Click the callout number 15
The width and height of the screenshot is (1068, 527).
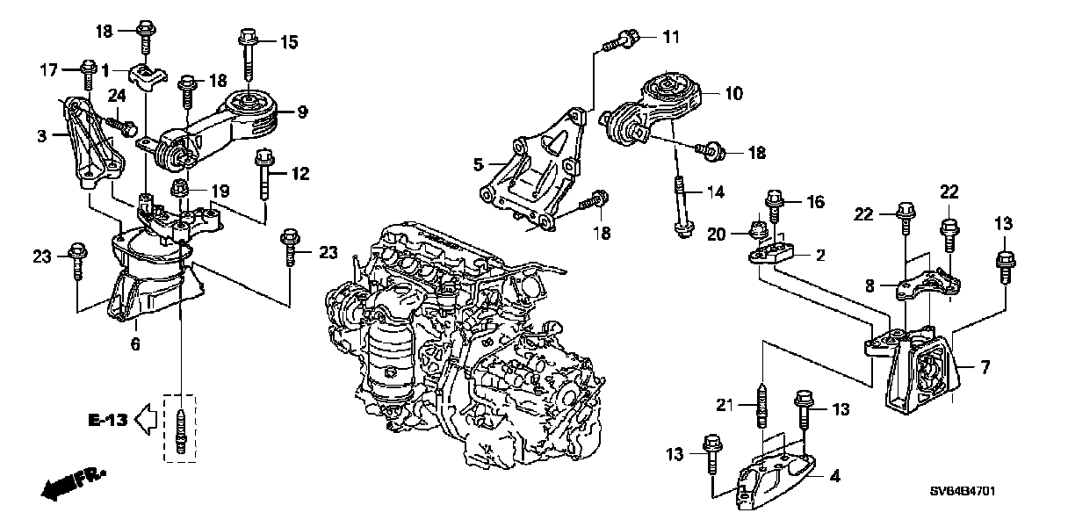coord(289,41)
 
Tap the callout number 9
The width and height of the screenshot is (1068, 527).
coord(301,112)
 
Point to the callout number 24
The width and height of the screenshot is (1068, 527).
coord(117,96)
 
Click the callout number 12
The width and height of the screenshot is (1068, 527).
coord(300,174)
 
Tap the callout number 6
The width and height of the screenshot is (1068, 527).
coord(135,345)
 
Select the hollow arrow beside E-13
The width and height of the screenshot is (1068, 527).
coord(147,421)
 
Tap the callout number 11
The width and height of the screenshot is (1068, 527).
coord(670,37)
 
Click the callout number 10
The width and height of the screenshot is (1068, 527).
coord(733,91)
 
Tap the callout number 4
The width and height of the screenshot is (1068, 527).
coord(834,478)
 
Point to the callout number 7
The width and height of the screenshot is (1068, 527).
coord(985,367)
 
